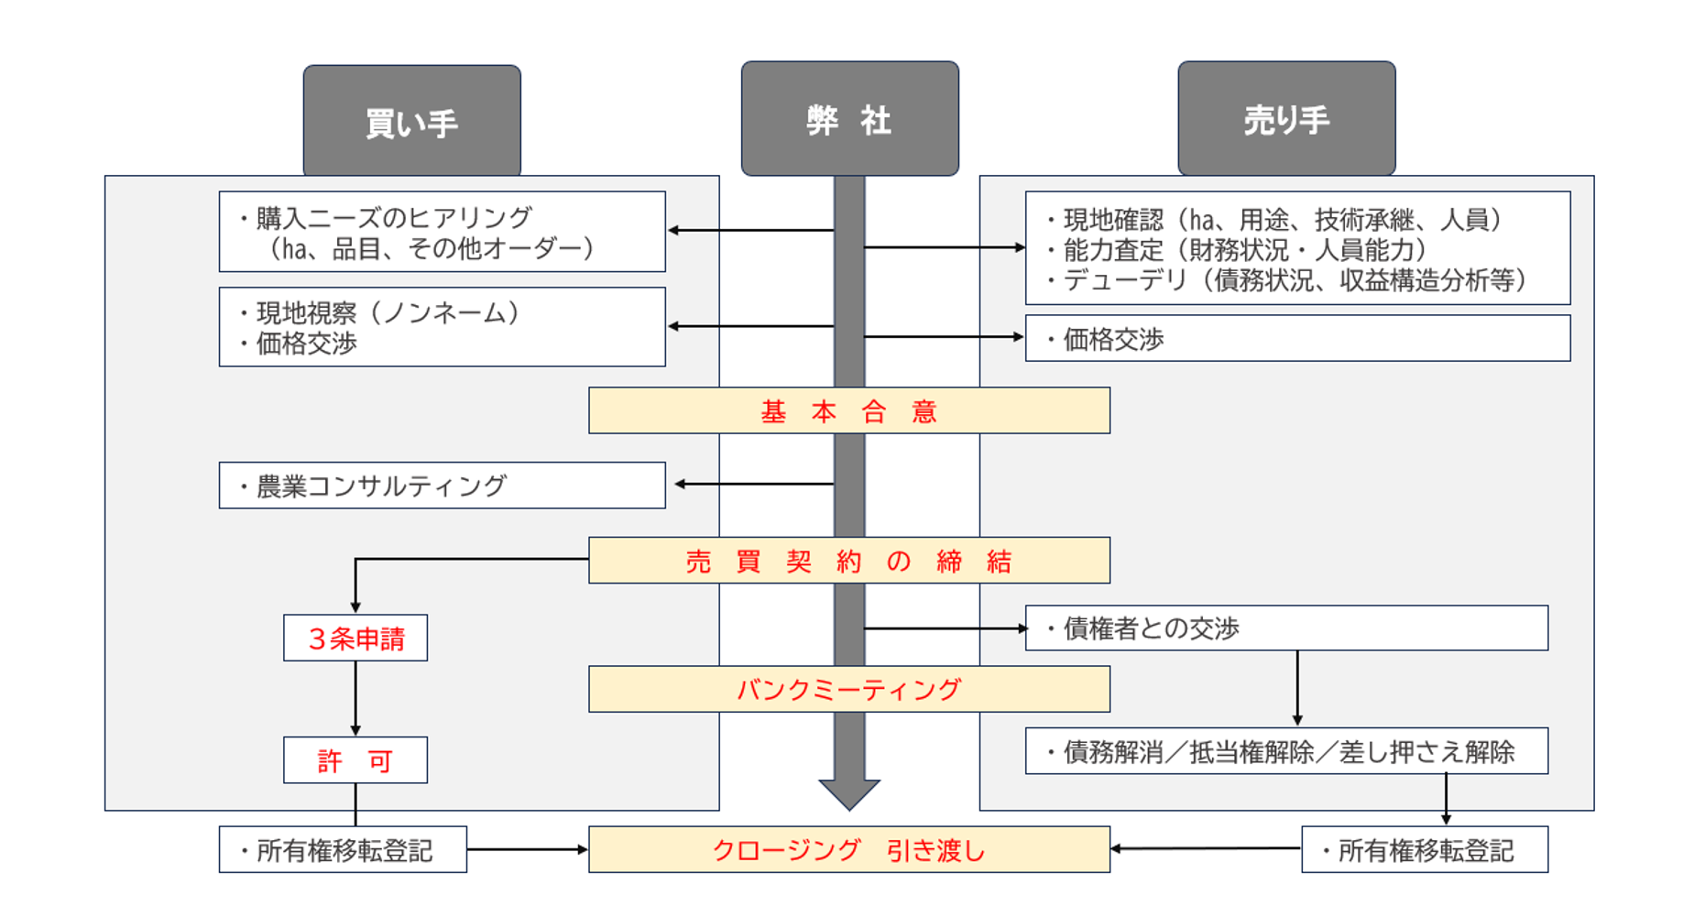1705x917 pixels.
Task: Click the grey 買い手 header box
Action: click(x=411, y=120)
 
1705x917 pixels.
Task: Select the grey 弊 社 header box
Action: click(x=849, y=118)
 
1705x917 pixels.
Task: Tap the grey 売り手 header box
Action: click(x=1286, y=118)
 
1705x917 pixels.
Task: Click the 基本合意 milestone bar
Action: click(x=848, y=410)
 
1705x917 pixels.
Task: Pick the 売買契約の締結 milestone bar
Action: click(x=848, y=560)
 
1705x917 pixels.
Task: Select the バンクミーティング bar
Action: click(x=848, y=689)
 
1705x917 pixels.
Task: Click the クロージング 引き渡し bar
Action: click(x=848, y=850)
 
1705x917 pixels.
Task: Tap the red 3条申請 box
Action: click(x=355, y=638)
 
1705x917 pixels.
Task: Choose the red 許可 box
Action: click(x=355, y=760)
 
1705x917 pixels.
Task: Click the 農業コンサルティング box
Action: click(x=442, y=486)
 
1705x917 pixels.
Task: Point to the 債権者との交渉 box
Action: click(x=1285, y=628)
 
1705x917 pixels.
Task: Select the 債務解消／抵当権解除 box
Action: click(x=1285, y=751)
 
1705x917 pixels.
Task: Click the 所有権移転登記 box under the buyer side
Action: click(x=343, y=850)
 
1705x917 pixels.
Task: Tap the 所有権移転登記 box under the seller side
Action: click(x=1424, y=850)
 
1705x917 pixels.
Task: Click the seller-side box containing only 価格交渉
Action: click(x=1296, y=339)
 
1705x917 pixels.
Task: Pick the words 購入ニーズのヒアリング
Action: click(x=394, y=218)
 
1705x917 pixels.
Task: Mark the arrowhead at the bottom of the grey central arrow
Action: click(x=849, y=794)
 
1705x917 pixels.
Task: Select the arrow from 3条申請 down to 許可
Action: click(x=355, y=698)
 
